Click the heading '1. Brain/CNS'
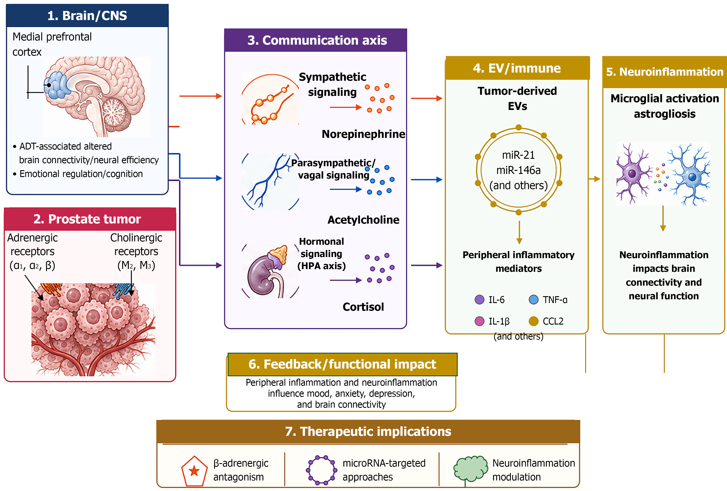point(87,16)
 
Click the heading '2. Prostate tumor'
point(87,219)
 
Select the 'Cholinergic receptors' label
point(136,245)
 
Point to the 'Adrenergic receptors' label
point(33,245)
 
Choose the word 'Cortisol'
point(363,307)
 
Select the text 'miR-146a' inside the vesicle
point(518,170)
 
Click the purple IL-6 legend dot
point(479,299)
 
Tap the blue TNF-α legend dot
point(533,299)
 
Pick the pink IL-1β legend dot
point(479,321)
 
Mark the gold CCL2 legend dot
point(533,321)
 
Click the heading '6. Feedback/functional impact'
point(342,364)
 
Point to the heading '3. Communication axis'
point(317,40)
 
